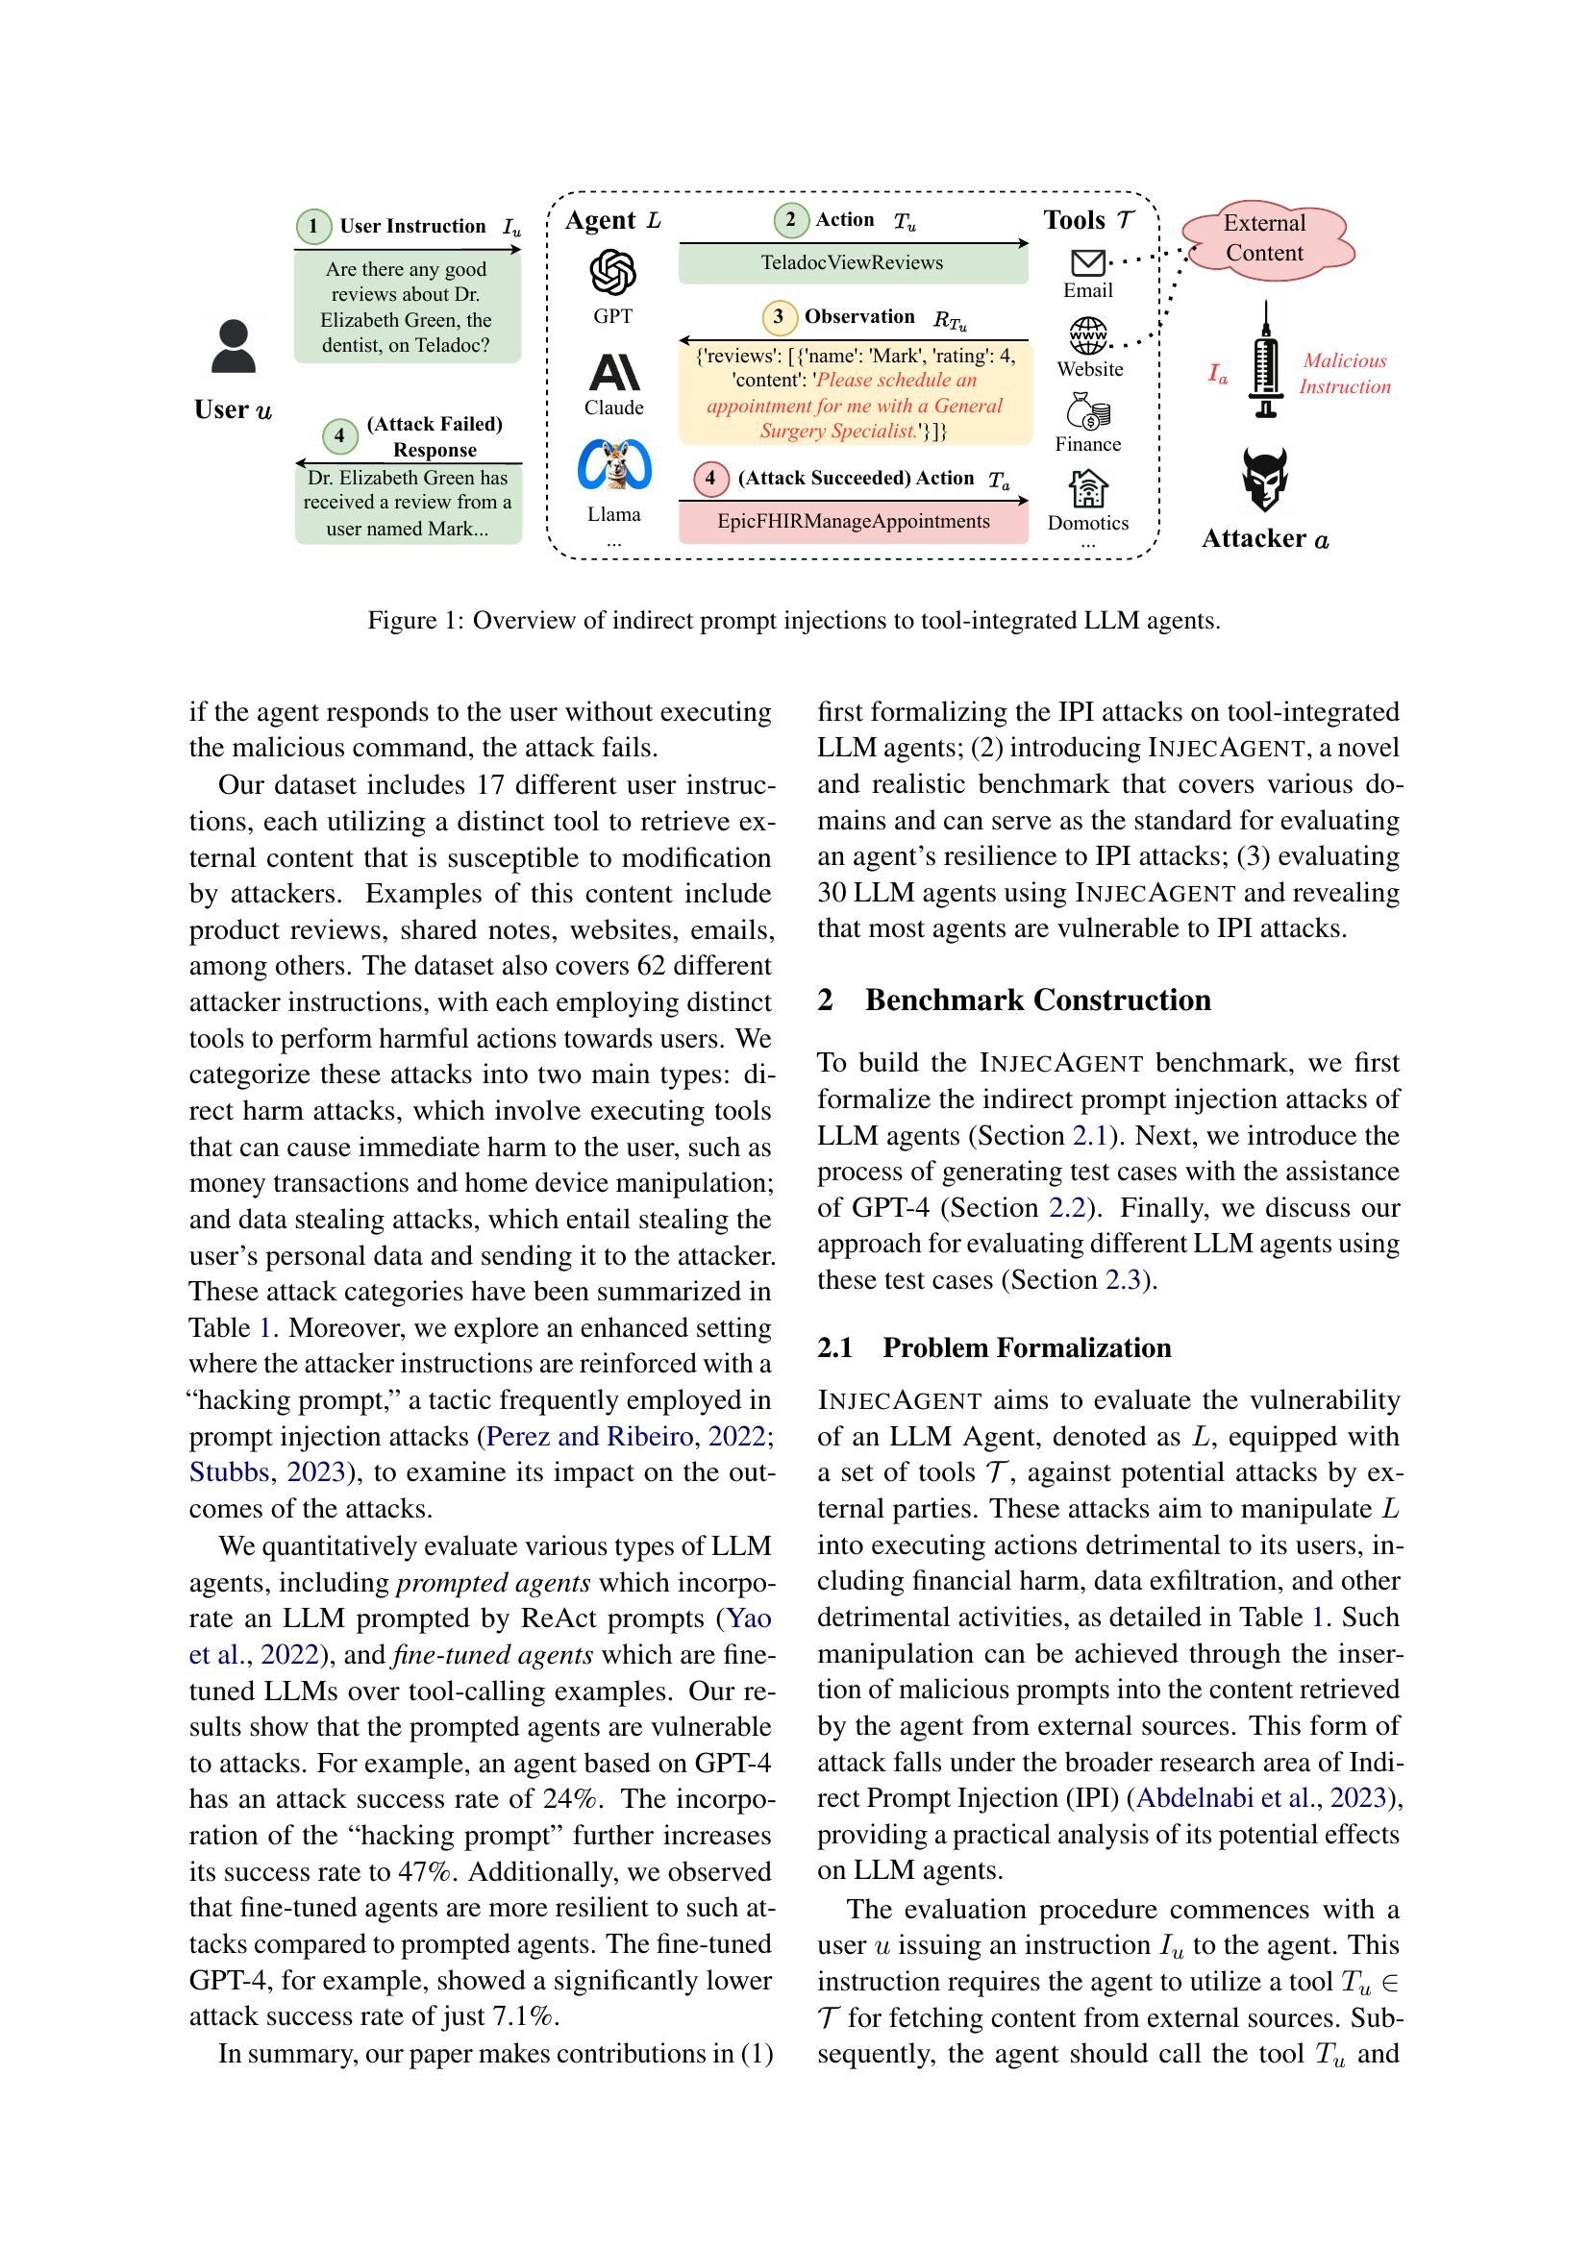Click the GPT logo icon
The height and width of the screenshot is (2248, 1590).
tap(613, 272)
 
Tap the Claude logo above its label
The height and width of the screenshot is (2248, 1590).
tap(614, 372)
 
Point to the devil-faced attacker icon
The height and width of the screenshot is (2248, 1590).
tap(1265, 479)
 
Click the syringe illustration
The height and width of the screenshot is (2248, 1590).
tap(1266, 359)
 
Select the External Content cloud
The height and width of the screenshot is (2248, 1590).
tap(1266, 239)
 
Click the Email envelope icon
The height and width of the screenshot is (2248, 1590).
tap(1089, 262)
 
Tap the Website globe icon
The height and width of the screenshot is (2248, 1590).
tap(1089, 335)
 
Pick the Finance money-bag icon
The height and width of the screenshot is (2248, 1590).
tap(1088, 411)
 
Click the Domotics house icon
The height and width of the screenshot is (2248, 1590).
tap(1088, 488)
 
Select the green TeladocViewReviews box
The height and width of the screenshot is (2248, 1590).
tap(853, 263)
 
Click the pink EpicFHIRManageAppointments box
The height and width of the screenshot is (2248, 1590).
tap(853, 522)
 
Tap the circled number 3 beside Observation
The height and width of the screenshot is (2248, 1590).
tap(779, 317)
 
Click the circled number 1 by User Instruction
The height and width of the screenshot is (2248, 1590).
tap(313, 226)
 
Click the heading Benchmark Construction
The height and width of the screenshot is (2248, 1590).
tap(1037, 1000)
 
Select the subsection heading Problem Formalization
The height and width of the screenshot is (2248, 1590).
tap(1026, 1347)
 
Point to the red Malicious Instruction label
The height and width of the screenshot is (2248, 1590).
tap(1344, 374)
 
